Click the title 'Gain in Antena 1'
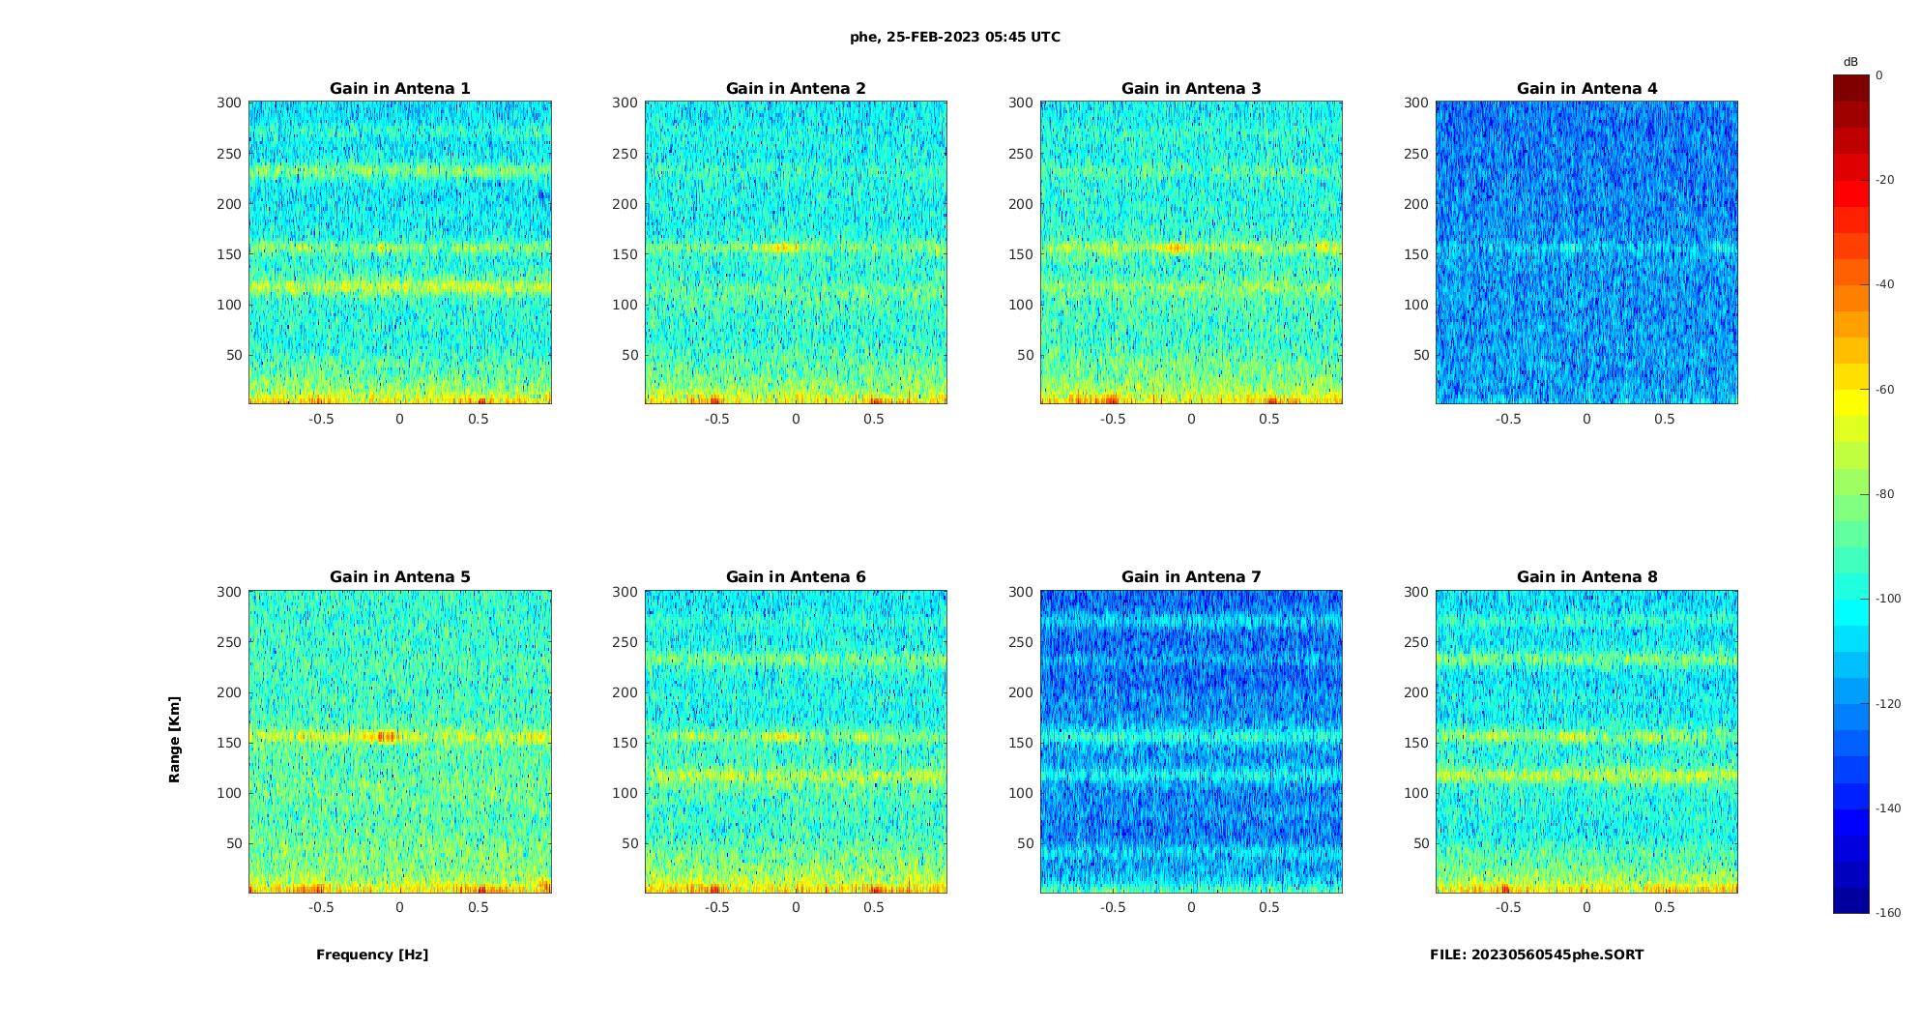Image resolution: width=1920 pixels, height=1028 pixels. pyautogui.click(x=399, y=89)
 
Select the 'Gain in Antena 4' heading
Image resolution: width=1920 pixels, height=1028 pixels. pyautogui.click(x=1586, y=89)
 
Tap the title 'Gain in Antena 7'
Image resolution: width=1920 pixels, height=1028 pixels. pyautogui.click(x=1191, y=577)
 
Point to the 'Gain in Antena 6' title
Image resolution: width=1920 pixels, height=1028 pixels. pyautogui.click(x=796, y=577)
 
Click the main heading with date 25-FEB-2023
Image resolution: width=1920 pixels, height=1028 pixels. pyautogui.click(x=955, y=37)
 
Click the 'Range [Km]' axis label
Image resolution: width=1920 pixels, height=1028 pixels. pyautogui.click(x=175, y=740)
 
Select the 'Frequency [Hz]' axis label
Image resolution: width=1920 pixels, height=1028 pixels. pyautogui.click(x=372, y=955)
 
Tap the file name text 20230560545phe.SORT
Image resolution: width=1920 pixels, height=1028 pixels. pyautogui.click(x=1536, y=955)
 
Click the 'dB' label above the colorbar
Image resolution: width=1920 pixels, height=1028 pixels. pyautogui.click(x=1850, y=62)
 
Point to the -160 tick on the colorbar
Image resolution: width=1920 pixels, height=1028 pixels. pyautogui.click(x=1888, y=913)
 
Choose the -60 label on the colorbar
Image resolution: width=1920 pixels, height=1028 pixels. pyautogui.click(x=1885, y=390)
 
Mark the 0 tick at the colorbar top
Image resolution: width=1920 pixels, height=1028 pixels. pyautogui.click(x=1879, y=75)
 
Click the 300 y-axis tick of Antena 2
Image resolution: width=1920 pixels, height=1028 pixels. pyautogui.click(x=625, y=103)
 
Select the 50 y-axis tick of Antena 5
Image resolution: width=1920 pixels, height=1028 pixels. pyautogui.click(x=234, y=843)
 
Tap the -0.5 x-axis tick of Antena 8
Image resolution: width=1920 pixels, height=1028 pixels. pyautogui.click(x=1508, y=907)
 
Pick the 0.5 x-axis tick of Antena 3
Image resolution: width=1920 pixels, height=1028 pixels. pyautogui.click(x=1269, y=419)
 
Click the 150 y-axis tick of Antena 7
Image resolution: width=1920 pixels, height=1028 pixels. pyautogui.click(x=1021, y=743)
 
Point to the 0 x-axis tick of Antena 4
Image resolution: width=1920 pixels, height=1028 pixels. pyautogui.click(x=1586, y=419)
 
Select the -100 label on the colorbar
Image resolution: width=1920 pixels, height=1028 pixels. pyautogui.click(x=1888, y=599)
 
